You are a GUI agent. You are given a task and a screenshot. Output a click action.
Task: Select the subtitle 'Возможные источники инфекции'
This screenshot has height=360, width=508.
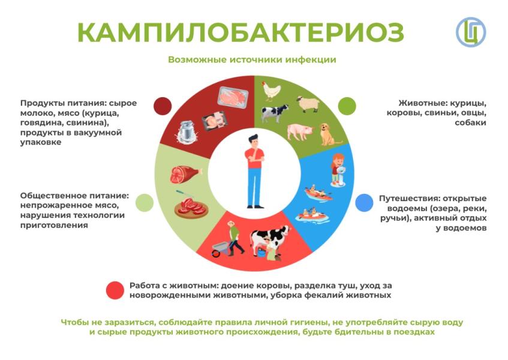tap(252, 60)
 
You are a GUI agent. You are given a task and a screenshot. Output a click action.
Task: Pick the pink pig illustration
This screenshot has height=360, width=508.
tap(299, 130)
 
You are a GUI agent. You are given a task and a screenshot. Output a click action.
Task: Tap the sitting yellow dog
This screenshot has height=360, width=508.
tap(327, 134)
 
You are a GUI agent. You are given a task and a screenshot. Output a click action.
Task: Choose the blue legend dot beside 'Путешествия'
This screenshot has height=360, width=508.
tap(364, 203)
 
